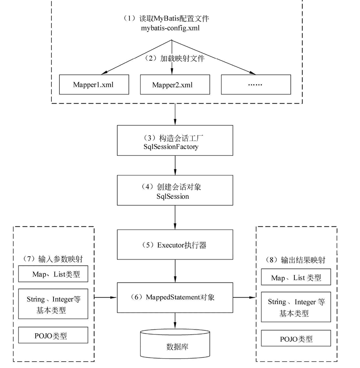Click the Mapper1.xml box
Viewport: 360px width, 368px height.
94,84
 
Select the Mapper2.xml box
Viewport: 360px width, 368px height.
174,84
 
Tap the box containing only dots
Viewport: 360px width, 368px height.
255,84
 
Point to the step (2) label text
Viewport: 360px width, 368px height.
176,58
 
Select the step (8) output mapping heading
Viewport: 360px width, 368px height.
296,259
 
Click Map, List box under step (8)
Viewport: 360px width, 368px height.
296,278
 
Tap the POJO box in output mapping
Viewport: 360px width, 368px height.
296,339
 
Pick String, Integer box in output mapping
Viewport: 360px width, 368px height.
296,307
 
